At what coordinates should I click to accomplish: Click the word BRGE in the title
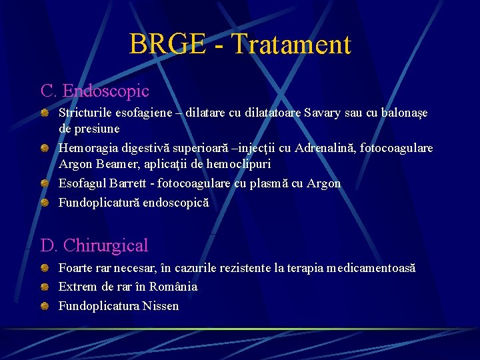[167, 45]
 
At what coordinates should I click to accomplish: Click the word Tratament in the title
[290, 45]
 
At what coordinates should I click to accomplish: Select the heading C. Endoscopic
[95, 91]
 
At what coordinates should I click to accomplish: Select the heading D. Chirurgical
[95, 245]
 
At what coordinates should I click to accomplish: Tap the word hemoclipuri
[238, 163]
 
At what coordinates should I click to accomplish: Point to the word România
[172, 287]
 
